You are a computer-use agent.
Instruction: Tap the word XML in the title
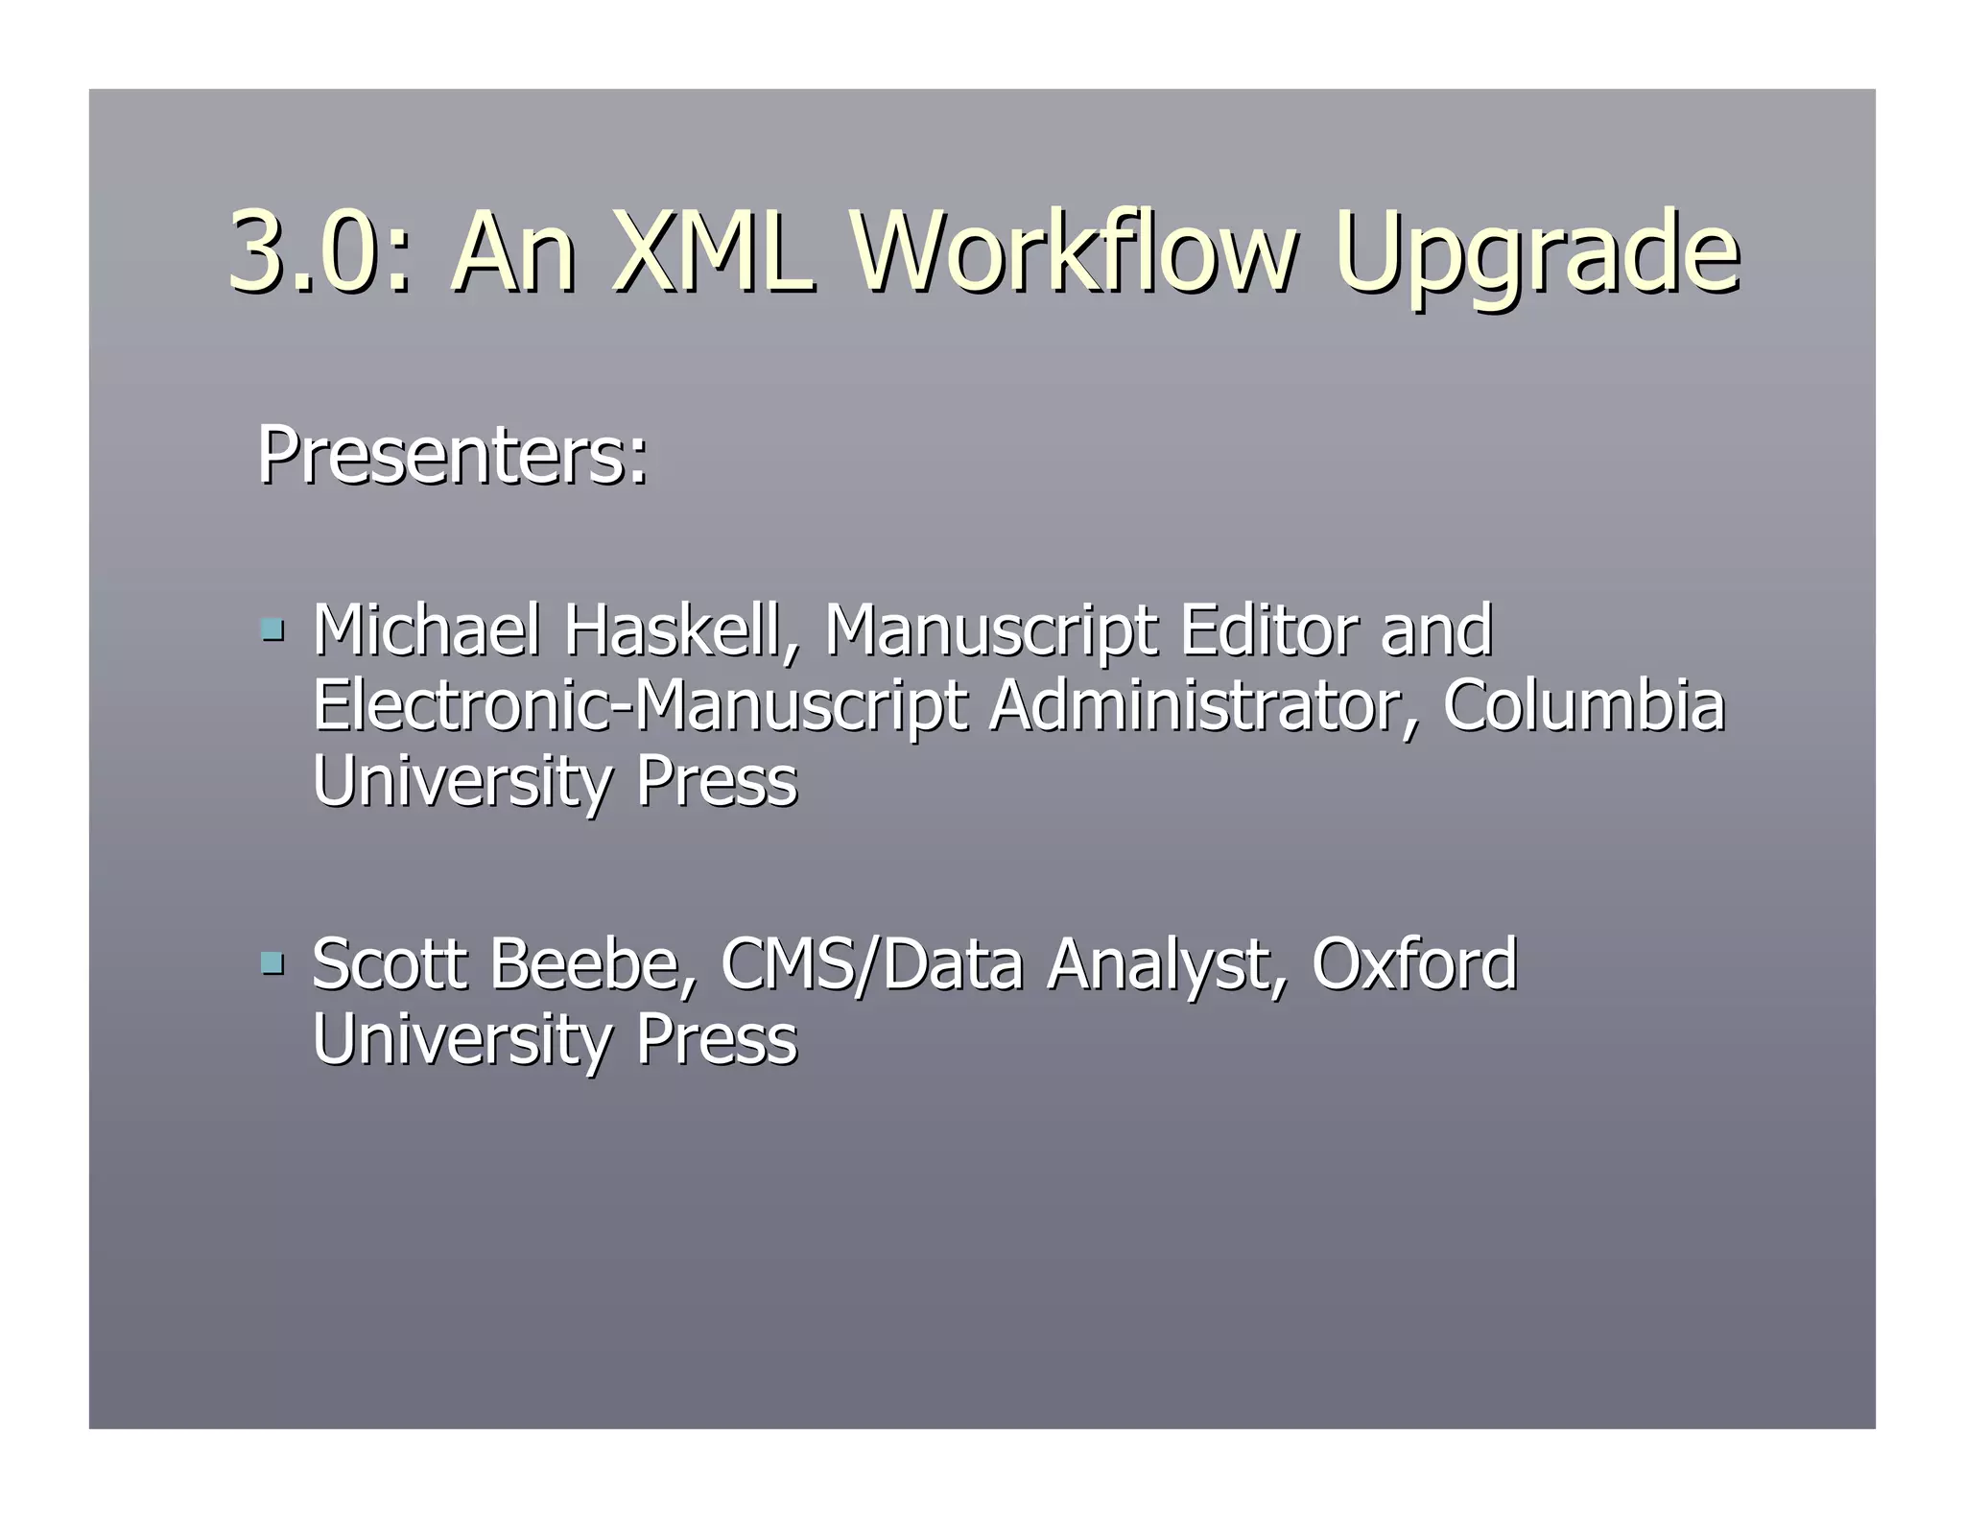coord(712,252)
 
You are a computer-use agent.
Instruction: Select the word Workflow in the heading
coord(1073,252)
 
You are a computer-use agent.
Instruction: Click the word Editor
coord(1269,630)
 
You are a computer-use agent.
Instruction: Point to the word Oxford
coord(1414,963)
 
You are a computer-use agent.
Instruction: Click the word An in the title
coord(514,252)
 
